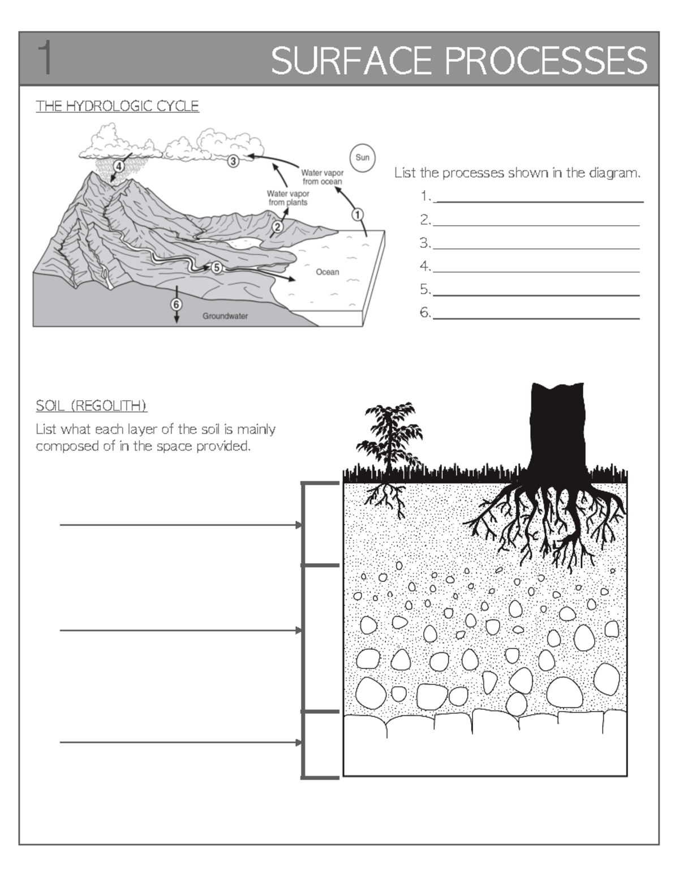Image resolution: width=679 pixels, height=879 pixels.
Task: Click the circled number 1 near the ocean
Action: tap(358, 215)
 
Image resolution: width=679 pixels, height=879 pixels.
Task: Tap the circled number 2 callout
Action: tap(277, 227)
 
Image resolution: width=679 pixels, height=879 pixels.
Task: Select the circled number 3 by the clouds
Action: tap(233, 161)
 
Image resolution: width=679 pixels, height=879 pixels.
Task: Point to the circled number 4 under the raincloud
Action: tap(119, 166)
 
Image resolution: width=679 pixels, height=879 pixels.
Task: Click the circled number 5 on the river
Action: tap(216, 268)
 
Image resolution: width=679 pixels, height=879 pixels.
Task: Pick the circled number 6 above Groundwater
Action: tap(177, 304)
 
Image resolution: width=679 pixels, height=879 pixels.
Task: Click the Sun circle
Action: tap(362, 157)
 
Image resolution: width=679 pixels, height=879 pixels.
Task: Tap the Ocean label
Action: tap(327, 272)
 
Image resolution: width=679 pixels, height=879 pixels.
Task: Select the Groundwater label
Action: tap(225, 316)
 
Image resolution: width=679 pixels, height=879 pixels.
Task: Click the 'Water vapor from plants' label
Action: tap(288, 198)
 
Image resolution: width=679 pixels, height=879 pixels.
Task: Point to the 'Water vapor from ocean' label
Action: tap(322, 177)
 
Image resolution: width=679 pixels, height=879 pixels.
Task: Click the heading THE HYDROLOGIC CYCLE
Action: tap(117, 106)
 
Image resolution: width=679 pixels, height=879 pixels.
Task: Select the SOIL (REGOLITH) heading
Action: tap(91, 406)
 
